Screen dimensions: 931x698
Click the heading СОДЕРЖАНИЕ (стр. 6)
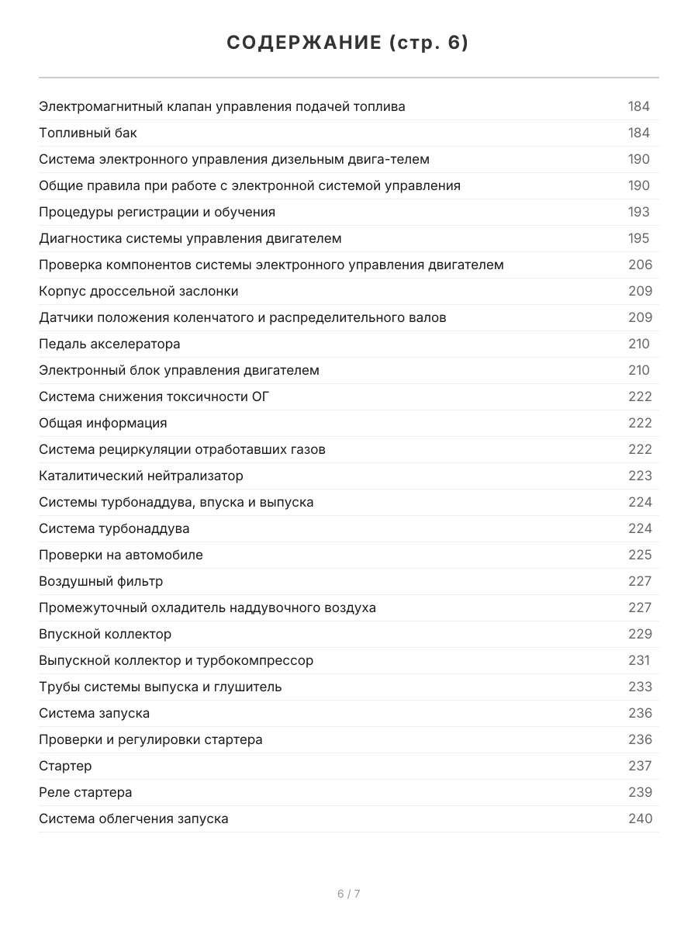point(348,43)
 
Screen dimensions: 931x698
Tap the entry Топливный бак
point(88,133)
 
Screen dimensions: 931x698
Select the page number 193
point(639,212)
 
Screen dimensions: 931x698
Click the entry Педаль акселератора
point(109,344)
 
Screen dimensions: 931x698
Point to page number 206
point(640,265)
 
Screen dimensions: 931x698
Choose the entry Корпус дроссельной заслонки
point(139,291)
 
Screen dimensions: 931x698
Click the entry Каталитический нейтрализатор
point(141,476)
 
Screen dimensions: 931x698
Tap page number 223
point(640,476)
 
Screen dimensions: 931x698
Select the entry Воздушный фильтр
point(101,581)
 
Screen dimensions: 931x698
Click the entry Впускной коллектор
point(105,634)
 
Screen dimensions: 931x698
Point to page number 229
point(640,634)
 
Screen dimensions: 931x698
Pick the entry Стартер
point(65,766)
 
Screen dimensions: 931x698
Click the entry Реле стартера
point(85,792)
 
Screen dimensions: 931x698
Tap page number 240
point(640,819)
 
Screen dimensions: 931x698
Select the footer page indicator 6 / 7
point(349,894)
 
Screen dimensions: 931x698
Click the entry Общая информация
point(103,423)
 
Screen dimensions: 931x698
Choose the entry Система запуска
point(95,713)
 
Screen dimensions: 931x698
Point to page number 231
point(639,660)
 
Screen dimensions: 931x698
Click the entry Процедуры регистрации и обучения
point(157,212)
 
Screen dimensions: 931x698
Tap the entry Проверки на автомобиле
point(121,555)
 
